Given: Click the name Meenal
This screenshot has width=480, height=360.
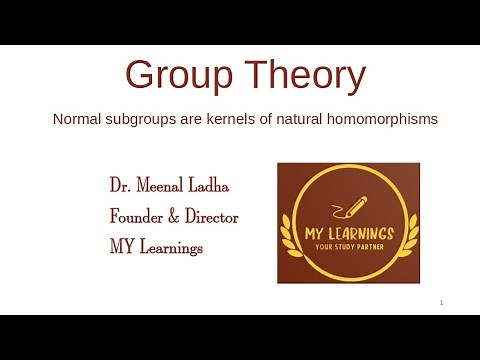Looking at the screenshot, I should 164,187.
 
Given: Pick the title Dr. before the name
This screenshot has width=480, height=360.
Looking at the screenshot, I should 121,187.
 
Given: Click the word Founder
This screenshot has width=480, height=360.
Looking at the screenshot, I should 139,216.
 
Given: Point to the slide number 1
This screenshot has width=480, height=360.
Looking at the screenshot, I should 441,303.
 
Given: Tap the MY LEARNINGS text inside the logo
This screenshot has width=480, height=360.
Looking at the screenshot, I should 349,234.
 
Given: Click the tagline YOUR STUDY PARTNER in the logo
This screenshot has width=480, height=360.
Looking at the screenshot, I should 349,247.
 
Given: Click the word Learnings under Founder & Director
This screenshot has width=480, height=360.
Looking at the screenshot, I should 171,246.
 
